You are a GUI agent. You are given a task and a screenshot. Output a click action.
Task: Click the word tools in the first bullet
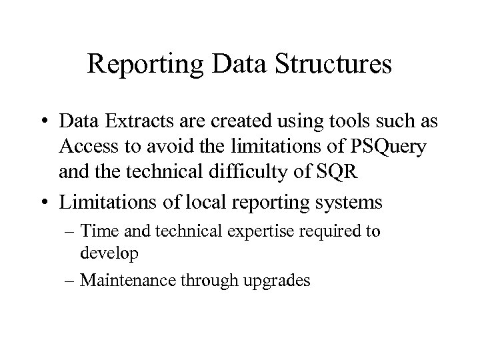click(x=324, y=122)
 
